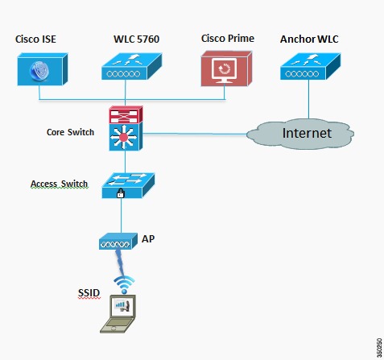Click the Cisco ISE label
point(35,39)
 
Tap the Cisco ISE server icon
point(43,69)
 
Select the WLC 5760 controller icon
point(131,67)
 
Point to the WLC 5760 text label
point(136,39)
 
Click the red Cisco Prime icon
point(226,68)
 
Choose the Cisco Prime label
point(228,39)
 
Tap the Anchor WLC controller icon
point(310,67)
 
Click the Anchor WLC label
point(309,39)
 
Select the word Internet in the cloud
point(307,133)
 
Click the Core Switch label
point(70,132)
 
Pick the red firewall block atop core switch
point(126,114)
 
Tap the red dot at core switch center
point(123,137)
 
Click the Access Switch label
point(60,184)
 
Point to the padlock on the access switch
point(121,193)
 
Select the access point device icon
point(118,242)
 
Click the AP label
point(148,238)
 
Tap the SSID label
point(89,292)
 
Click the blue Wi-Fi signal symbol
point(124,284)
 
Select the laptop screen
point(124,306)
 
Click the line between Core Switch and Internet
point(195,134)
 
